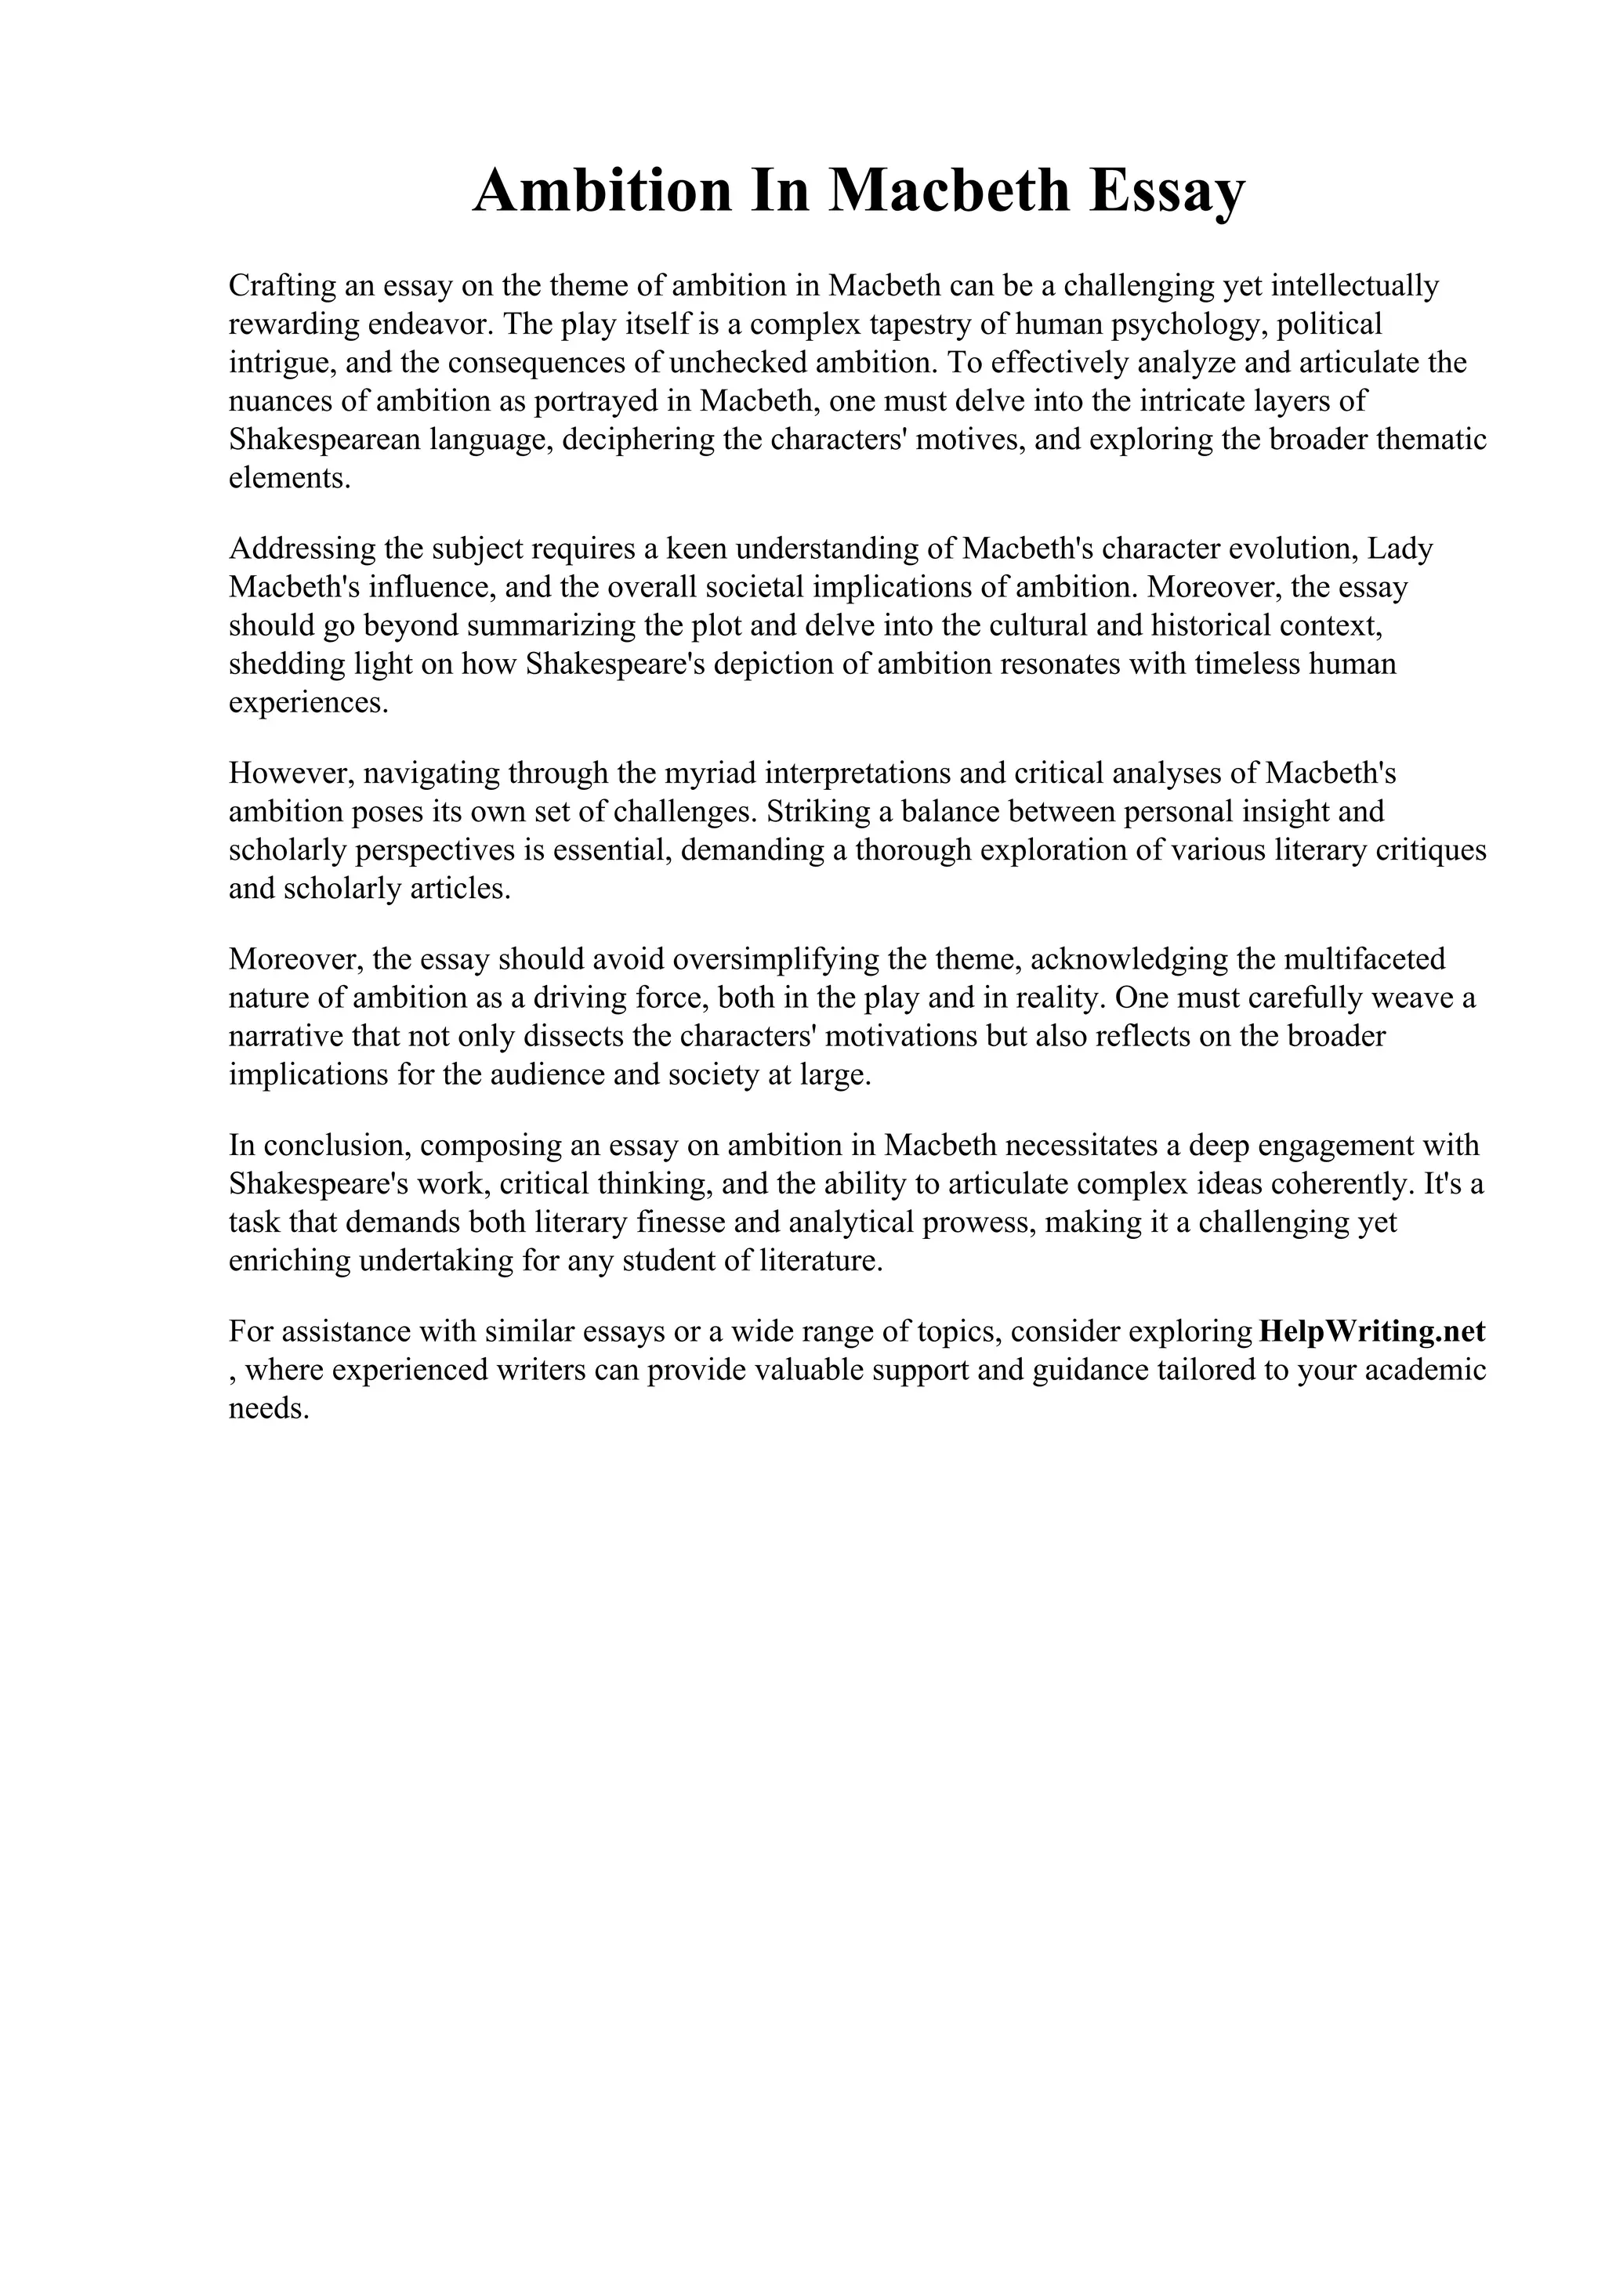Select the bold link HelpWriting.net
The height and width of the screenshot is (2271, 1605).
tap(1371, 1331)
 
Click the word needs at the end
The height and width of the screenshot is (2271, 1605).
tap(269, 1408)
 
